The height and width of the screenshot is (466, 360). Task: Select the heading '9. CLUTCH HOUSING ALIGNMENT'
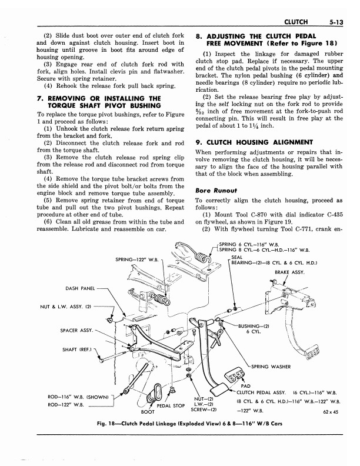coord(254,142)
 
